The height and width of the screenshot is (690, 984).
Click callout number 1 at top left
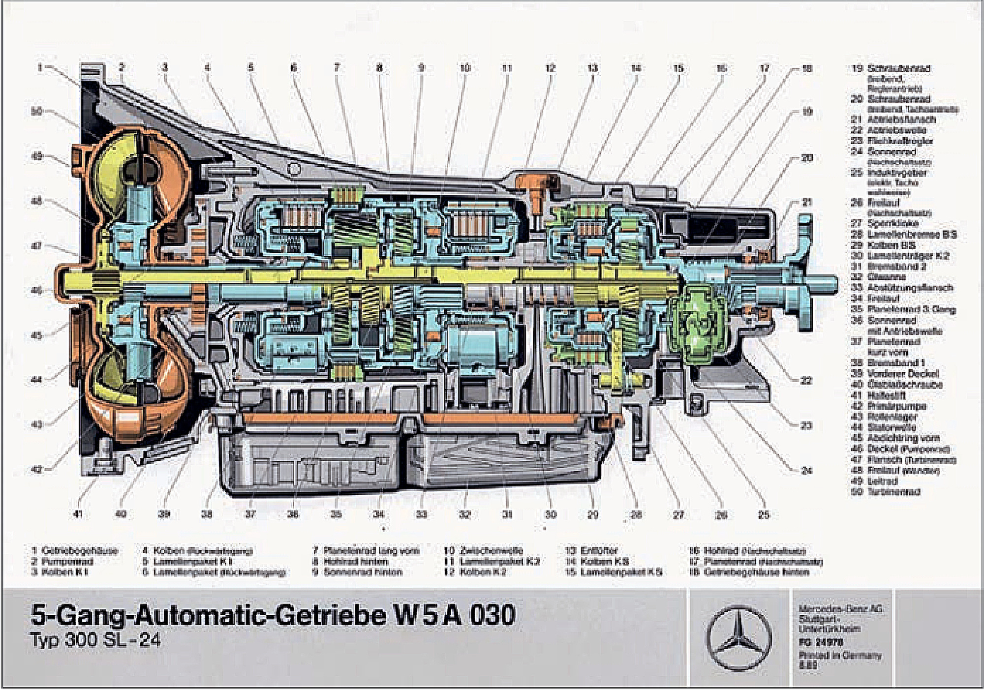tap(41, 67)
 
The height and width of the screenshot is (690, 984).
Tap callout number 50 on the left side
tap(37, 112)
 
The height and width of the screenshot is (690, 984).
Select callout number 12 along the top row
tap(550, 68)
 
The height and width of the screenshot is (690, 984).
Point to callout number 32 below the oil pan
tap(464, 514)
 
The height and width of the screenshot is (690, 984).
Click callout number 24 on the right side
tap(806, 471)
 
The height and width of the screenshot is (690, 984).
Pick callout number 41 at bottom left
tap(78, 514)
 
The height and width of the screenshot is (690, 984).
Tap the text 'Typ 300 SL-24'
tap(96, 641)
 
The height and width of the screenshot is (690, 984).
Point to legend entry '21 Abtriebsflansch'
tap(893, 120)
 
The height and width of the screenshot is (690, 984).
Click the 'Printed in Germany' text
tap(840, 655)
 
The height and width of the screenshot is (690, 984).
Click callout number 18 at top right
tap(806, 68)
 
